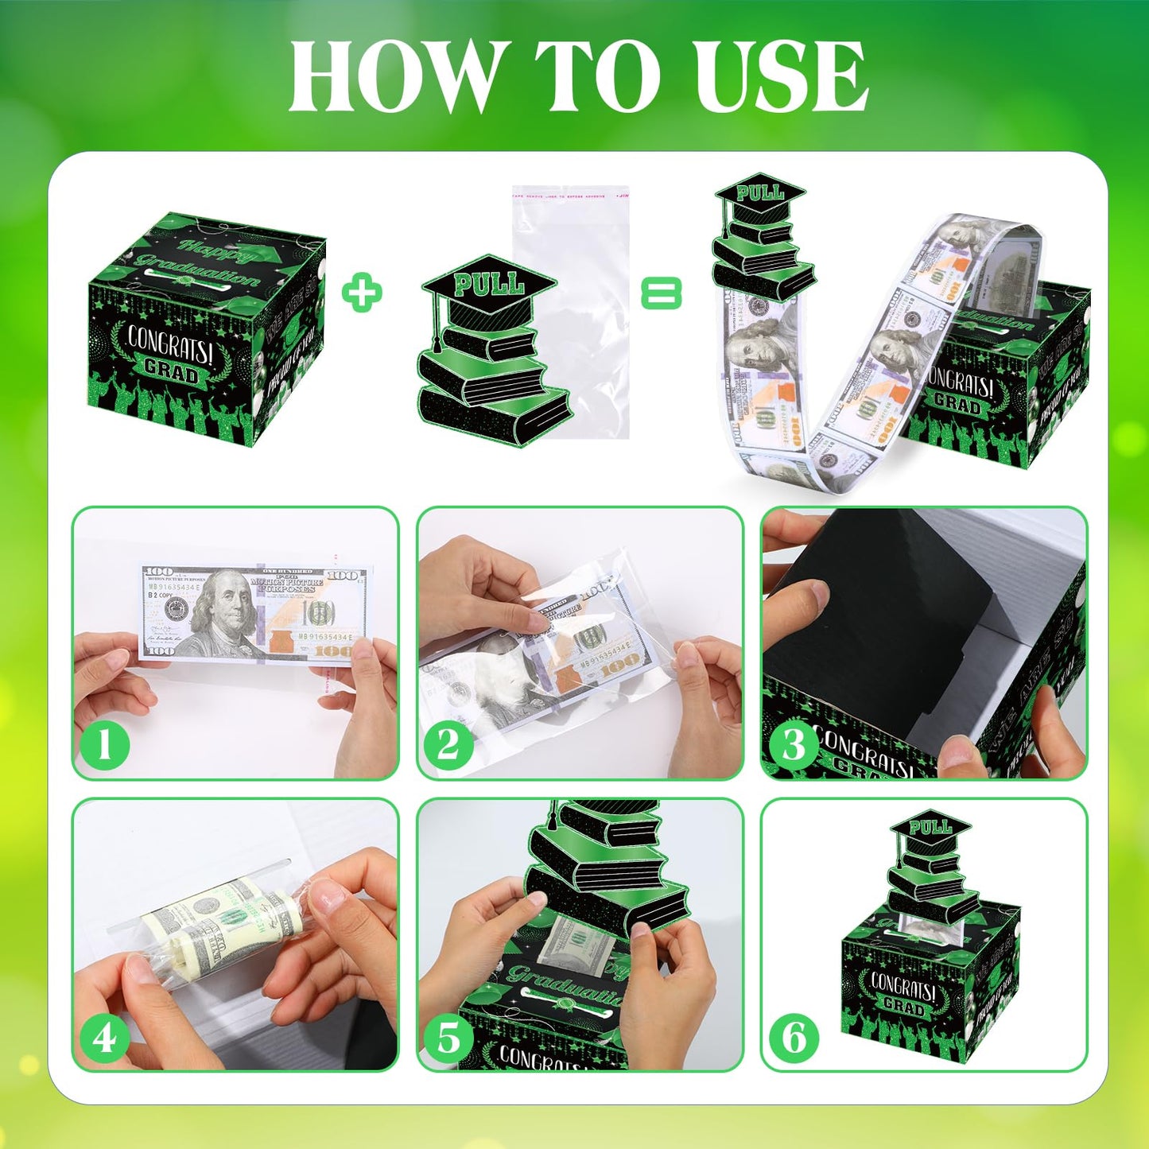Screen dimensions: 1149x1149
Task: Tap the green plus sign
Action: (x=362, y=293)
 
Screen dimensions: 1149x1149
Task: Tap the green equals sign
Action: (x=661, y=293)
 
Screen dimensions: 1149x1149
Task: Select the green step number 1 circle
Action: (x=104, y=745)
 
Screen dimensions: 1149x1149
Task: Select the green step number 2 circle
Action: (x=448, y=745)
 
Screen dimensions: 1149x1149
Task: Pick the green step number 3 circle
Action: (x=794, y=745)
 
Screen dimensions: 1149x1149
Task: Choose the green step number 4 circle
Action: (x=104, y=1038)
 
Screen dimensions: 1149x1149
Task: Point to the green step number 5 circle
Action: (x=448, y=1038)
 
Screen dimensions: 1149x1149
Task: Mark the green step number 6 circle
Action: (x=794, y=1038)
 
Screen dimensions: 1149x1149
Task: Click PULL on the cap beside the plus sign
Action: (x=488, y=284)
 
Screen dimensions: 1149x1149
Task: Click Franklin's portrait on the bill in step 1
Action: (x=223, y=612)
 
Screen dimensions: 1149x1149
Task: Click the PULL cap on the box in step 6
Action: (x=930, y=829)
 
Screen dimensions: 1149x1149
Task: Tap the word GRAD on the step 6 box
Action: (x=904, y=1007)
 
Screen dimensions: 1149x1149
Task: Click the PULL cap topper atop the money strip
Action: (x=760, y=193)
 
